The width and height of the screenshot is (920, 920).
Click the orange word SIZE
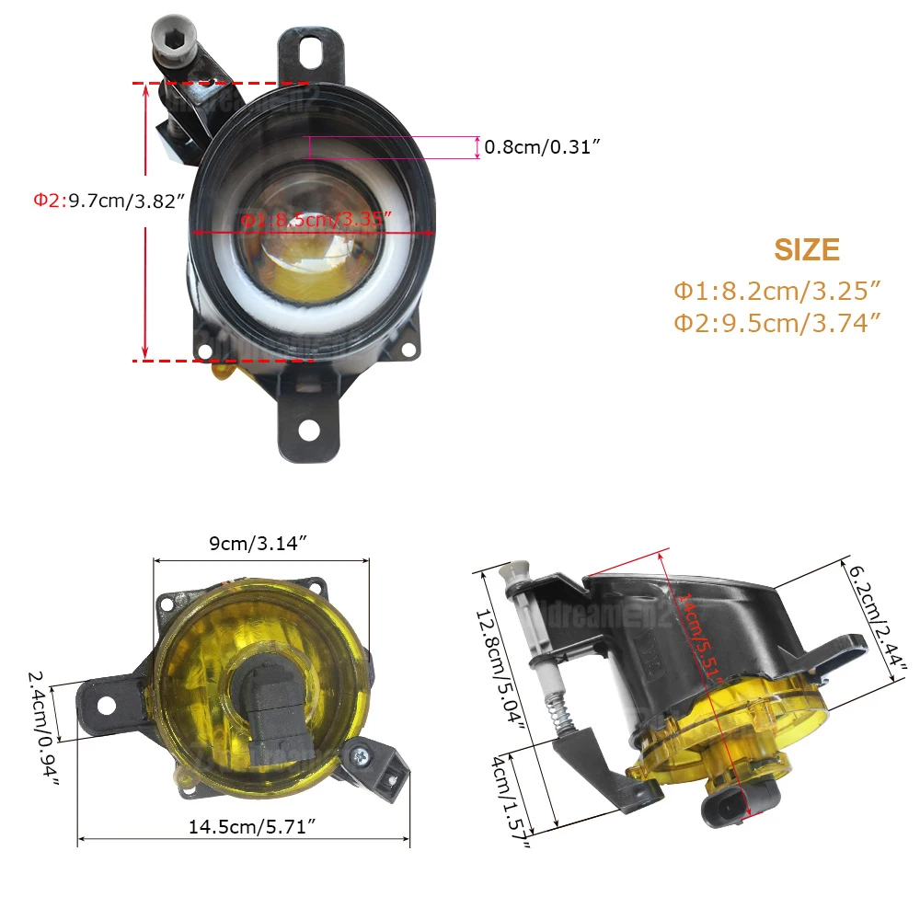point(807,250)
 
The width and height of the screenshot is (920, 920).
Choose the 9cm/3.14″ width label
point(257,543)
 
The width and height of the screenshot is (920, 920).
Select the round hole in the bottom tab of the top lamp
point(309,430)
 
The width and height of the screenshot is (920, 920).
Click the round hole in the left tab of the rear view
point(106,706)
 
